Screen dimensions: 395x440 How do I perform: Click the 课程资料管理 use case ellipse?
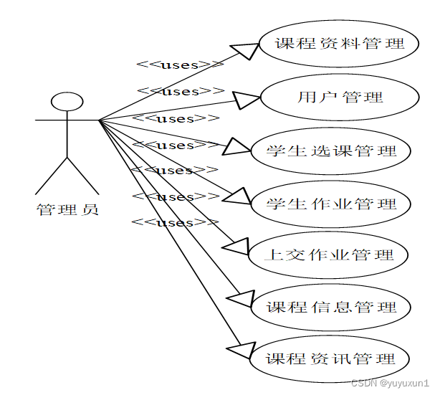tap(340, 43)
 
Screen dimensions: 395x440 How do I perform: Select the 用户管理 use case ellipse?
tap(340, 97)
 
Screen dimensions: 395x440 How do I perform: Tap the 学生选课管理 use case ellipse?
tap(331, 151)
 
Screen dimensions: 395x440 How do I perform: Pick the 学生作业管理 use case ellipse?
tap(331, 203)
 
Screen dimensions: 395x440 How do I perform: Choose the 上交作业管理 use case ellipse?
tap(330, 254)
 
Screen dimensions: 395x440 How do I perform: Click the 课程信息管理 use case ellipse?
tap(331, 307)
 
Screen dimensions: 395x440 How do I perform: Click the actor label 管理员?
tap(67, 210)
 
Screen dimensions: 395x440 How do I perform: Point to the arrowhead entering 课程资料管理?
tap(247, 50)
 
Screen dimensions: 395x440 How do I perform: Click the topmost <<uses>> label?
tap(179, 65)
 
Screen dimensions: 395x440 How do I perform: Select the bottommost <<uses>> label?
tap(175, 222)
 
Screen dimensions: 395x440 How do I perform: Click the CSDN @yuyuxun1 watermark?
tap(391, 384)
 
